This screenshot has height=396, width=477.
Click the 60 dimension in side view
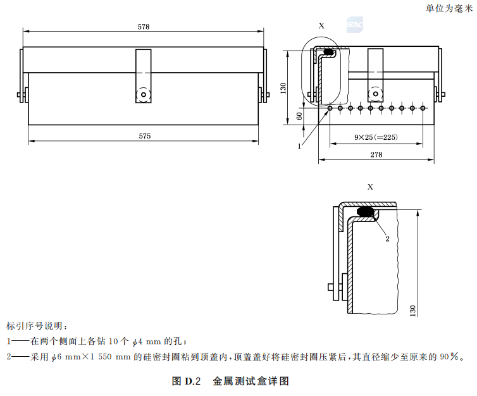[299, 116]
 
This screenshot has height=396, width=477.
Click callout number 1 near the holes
[299, 146]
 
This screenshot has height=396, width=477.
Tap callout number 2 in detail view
[385, 238]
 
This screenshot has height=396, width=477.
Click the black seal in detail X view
[365, 210]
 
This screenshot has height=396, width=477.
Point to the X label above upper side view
[321, 26]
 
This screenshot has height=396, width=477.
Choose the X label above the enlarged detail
[370, 187]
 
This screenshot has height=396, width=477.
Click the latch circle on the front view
[144, 95]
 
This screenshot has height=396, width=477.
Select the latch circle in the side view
[376, 95]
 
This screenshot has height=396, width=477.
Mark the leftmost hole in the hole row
[330, 108]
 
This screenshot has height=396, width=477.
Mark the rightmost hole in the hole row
[423, 108]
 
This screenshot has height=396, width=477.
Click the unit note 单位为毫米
[449, 8]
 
